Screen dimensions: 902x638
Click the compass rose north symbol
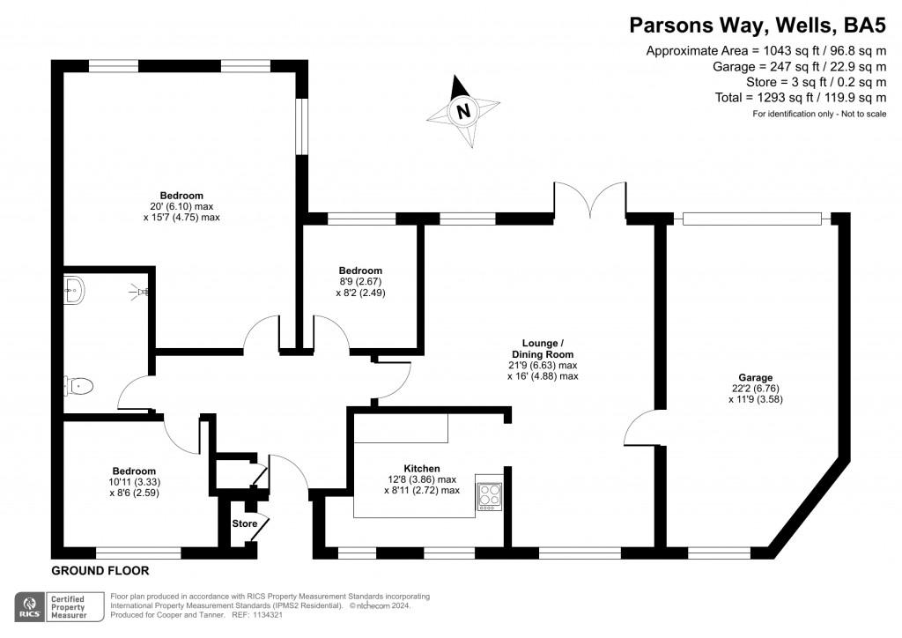463,110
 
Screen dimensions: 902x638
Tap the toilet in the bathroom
78,386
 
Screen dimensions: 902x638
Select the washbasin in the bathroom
74,290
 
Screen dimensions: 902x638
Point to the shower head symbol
139,291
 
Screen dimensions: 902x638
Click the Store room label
245,523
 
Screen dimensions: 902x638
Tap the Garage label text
755,377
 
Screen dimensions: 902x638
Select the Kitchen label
422,469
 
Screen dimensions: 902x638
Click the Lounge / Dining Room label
543,349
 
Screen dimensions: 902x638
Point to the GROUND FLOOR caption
100,571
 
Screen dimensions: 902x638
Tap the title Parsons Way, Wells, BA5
758,26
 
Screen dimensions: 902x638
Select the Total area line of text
800,97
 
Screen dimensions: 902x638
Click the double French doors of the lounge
590,200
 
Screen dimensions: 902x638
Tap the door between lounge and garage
640,427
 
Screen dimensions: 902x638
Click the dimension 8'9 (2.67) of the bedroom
360,281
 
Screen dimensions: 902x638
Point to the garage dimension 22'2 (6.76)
755,389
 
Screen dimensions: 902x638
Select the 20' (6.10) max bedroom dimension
181,206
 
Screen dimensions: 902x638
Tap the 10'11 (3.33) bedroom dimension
134,482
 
